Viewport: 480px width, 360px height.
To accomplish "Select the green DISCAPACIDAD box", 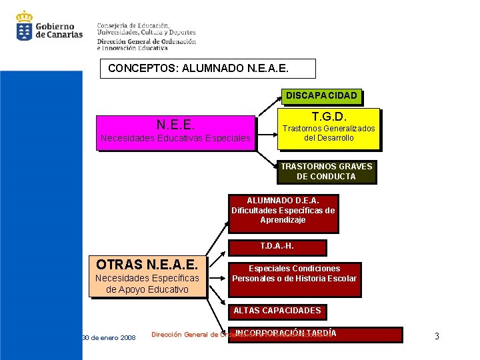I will pos(321,97).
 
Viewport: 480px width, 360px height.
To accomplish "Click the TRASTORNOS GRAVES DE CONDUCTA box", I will pos(326,171).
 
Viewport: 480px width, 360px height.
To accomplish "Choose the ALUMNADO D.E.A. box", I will pos(283,210).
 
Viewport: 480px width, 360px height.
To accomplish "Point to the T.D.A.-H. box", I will pos(277,247).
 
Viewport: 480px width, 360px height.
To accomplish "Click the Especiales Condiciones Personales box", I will pos(294,274).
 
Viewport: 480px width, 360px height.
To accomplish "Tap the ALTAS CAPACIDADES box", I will pos(277,311).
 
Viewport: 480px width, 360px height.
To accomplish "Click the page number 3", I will pos(437,336).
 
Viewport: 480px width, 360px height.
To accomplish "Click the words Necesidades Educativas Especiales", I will pos(175,139).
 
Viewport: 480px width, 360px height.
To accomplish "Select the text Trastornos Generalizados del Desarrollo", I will pos(329,133).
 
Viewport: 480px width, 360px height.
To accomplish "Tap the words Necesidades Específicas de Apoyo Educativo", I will pos(147,283).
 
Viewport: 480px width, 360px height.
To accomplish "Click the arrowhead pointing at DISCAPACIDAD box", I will pos(280,99).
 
